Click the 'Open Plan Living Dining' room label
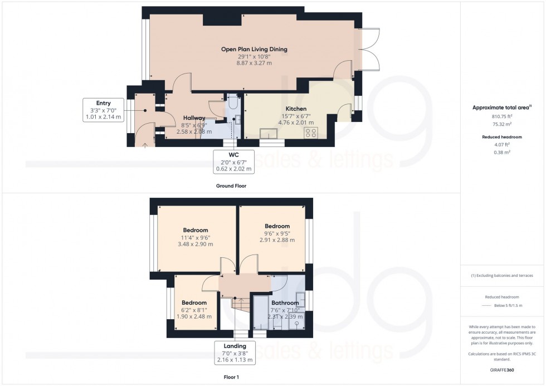point(254,49)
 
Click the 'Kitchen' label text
point(296,109)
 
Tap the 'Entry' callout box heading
point(103,103)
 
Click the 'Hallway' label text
point(194,118)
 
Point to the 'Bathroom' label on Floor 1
point(285,303)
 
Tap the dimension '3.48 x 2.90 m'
point(195,244)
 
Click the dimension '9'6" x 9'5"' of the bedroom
point(277,233)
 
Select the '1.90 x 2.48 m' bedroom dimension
point(194,317)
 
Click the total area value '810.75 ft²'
point(502,116)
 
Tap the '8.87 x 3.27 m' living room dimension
point(254,63)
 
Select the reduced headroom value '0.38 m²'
point(502,152)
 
